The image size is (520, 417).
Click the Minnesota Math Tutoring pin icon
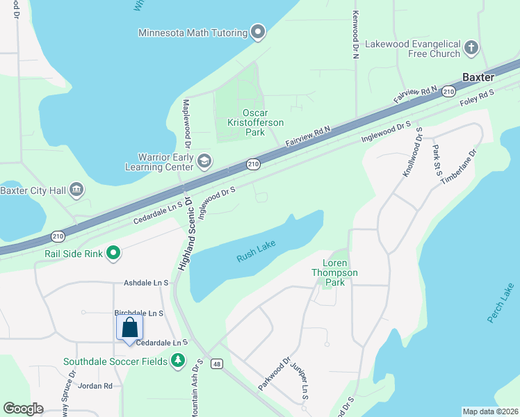click(x=259, y=32)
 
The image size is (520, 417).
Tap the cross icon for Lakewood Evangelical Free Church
click(x=471, y=48)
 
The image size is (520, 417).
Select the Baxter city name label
click(x=479, y=76)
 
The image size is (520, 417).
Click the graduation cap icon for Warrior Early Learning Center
click(x=204, y=162)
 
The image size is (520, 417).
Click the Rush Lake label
click(x=257, y=256)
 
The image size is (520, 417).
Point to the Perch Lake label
click(x=500, y=303)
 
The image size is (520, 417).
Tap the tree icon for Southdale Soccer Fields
click(x=179, y=361)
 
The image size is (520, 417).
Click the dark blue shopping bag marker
click(x=130, y=328)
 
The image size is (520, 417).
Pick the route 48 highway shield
click(x=217, y=363)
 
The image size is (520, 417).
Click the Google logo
click(x=23, y=409)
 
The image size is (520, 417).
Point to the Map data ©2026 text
click(x=489, y=411)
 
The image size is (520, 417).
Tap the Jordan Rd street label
click(x=95, y=386)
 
